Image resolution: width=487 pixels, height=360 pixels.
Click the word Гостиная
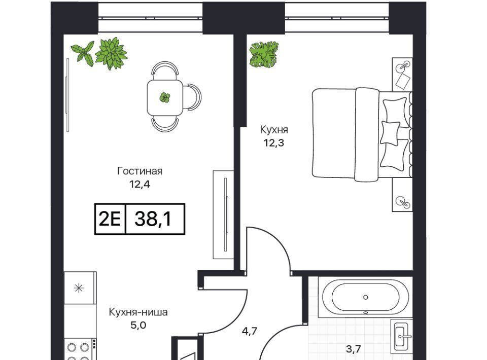(x=140, y=171)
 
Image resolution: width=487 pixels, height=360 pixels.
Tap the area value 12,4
(x=140, y=185)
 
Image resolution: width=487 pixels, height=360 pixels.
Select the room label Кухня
(x=274, y=130)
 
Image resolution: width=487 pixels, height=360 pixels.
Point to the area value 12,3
(x=274, y=143)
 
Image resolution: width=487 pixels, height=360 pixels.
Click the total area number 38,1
(x=153, y=219)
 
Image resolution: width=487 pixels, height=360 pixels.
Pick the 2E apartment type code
(x=110, y=219)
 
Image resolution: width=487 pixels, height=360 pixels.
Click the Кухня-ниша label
(x=138, y=312)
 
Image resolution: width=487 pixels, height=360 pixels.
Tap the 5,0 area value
(x=138, y=325)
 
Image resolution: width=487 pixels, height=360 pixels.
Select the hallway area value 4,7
(x=250, y=331)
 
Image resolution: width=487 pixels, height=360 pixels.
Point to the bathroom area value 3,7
(x=354, y=349)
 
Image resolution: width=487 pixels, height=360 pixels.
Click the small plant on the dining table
(x=164, y=98)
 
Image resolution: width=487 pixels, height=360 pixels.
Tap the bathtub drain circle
(x=366, y=297)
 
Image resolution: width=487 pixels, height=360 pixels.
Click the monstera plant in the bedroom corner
(x=264, y=55)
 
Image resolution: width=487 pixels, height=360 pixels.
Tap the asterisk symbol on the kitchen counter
(x=79, y=289)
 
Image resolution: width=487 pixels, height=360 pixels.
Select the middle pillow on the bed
(x=390, y=132)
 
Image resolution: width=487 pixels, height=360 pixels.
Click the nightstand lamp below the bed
(x=403, y=201)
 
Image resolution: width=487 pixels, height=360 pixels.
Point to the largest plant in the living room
(x=111, y=53)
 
